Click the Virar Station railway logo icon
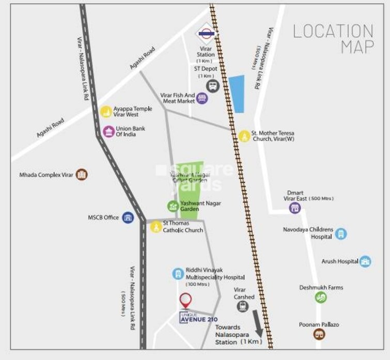tap(206, 34)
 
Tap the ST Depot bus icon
tap(212, 86)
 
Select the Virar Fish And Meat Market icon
tap(202, 98)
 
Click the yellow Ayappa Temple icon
tap(106, 112)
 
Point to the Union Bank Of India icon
tap(108, 131)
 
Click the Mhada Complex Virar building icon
tap(82, 175)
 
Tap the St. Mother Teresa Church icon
tap(244, 136)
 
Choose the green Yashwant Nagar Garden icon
tap(173, 206)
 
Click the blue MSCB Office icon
tap(128, 218)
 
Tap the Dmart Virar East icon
tap(295, 208)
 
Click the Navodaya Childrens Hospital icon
tap(341, 233)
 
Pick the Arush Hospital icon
tap(366, 261)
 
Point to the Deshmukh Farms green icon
tap(321, 298)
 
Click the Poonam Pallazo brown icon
tap(320, 334)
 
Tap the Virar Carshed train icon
tap(243, 306)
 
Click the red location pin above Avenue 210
tap(185, 300)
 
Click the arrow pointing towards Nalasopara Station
tap(257, 322)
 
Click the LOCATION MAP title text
tap(334, 39)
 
